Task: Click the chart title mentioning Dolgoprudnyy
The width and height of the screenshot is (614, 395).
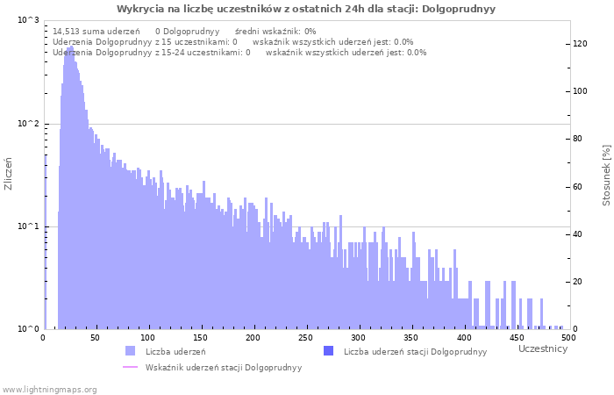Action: (x=306, y=9)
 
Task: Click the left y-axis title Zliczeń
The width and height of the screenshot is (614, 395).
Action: (x=9, y=174)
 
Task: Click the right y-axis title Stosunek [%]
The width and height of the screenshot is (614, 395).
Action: (x=606, y=175)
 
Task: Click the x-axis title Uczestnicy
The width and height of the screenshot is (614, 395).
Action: (x=543, y=349)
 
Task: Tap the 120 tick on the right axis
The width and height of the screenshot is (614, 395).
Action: (x=581, y=44)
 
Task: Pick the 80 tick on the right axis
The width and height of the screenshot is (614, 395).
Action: (x=578, y=139)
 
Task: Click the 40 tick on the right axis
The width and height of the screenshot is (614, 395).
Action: (x=578, y=234)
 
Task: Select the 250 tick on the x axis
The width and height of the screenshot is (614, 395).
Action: (x=306, y=338)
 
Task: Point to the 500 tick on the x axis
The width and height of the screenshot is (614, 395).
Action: (x=568, y=338)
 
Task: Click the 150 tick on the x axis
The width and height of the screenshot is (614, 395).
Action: (x=201, y=338)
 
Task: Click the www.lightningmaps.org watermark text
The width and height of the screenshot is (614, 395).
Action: (x=49, y=390)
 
